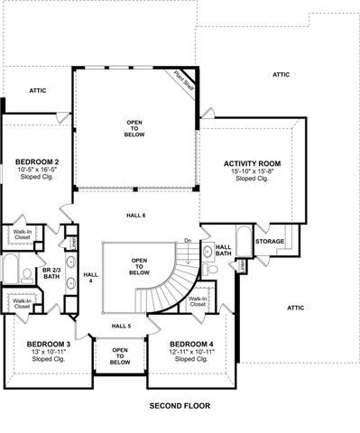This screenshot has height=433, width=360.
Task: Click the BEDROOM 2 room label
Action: click(37, 161)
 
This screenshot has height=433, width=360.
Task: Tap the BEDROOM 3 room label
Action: click(48, 344)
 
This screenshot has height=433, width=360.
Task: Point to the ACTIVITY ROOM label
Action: click(253, 163)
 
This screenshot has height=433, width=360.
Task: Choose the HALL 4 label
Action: click(89, 277)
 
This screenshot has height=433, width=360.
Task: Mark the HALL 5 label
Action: click(122, 325)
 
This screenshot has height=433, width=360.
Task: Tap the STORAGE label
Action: click(269, 241)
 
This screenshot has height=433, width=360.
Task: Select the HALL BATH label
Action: click(223, 250)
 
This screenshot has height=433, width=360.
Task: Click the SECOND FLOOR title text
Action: click(179, 406)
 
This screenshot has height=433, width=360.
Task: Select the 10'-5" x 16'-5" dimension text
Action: click(38, 170)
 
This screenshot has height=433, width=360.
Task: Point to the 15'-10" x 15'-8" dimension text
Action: click(253, 171)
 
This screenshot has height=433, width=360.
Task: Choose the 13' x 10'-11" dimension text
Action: click(49, 352)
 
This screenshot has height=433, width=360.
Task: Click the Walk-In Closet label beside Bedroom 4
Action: click(198, 302)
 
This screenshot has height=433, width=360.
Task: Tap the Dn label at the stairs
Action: click(188, 240)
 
